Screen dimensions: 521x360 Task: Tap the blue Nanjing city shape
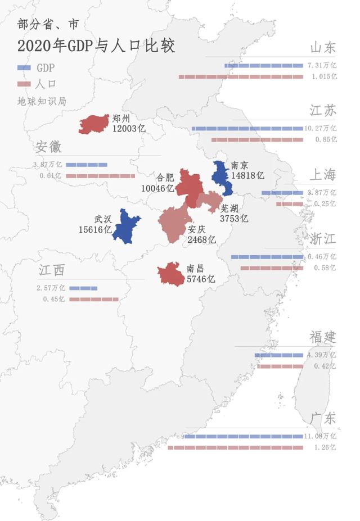(x=220, y=177)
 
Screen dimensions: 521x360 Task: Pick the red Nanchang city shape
(x=171, y=274)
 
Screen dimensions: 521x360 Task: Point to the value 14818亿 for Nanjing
(x=247, y=175)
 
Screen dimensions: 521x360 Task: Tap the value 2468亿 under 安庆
(x=201, y=239)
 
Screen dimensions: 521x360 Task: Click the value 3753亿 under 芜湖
(x=234, y=219)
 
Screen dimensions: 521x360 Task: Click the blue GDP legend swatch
(x=24, y=68)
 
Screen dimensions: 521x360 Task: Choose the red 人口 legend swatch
(x=24, y=85)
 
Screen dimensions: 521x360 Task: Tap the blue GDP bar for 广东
(x=244, y=436)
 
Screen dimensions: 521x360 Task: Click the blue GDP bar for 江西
(x=83, y=288)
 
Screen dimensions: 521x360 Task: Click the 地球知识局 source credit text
(x=42, y=102)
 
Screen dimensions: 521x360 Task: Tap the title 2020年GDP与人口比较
(x=96, y=46)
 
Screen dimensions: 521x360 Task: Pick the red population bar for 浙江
(x=272, y=268)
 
